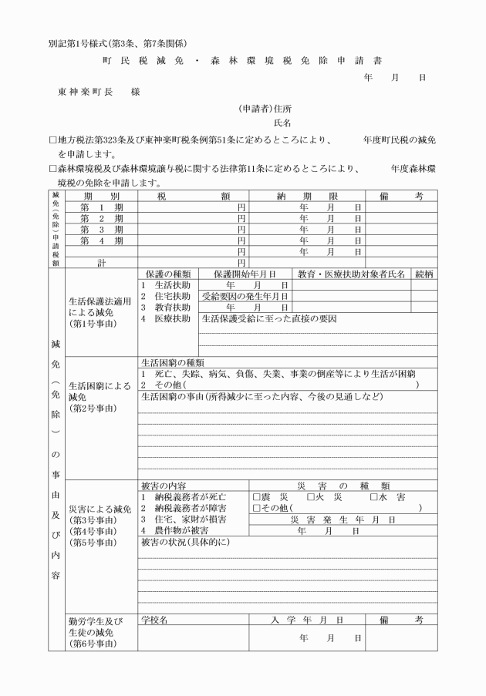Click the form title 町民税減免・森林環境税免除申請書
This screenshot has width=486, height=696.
241,60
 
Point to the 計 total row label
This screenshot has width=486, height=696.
102,262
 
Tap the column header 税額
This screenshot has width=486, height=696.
193,197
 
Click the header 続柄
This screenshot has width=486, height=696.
424,274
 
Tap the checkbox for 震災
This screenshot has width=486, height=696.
257,496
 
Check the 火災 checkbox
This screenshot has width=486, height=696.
310,496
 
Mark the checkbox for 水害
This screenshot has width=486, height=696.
374,496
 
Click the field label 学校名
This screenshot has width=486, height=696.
154,619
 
